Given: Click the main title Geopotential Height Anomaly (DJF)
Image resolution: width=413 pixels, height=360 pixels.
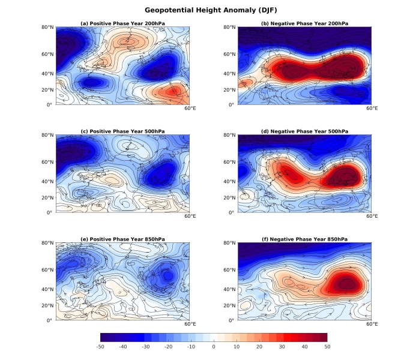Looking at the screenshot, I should click(x=206, y=10).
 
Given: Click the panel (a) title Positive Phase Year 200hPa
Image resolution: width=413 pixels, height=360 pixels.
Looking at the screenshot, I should click(x=122, y=23).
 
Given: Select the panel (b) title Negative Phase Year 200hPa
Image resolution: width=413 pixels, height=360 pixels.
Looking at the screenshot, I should click(x=305, y=23).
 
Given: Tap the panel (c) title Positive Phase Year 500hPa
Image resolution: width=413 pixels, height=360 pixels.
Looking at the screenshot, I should click(x=122, y=131).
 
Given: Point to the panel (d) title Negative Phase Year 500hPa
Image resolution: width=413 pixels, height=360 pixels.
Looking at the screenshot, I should click(x=305, y=131).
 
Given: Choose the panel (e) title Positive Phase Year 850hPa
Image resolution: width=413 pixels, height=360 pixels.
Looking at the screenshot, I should click(x=122, y=239).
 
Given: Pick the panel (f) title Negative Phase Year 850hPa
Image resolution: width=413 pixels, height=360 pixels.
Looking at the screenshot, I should click(x=305, y=239).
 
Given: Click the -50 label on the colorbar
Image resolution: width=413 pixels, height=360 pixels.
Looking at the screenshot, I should click(x=100, y=347).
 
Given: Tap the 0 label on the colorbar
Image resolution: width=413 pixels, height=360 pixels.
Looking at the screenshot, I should click(x=214, y=347).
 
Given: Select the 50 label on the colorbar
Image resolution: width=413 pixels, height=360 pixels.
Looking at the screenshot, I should click(x=327, y=347).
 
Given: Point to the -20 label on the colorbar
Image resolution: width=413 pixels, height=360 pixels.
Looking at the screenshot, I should click(x=168, y=347).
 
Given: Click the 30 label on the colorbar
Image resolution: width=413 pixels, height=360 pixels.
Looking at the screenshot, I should click(x=282, y=347).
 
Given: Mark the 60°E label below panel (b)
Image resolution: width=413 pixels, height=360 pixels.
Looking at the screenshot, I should click(x=372, y=109).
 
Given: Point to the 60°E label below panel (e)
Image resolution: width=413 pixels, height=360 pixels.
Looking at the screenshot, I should click(x=190, y=325).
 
